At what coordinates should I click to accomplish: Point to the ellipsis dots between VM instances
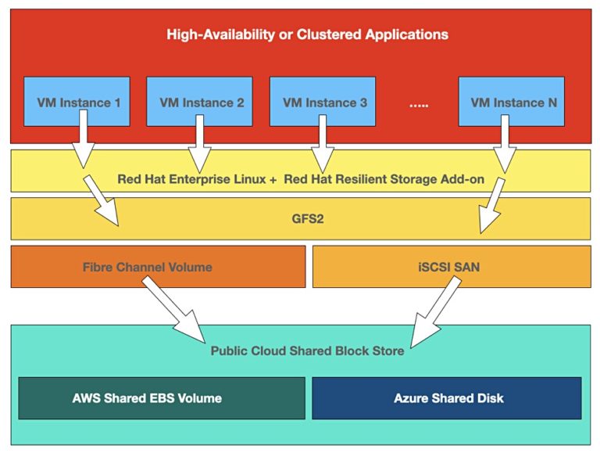click(x=420, y=102)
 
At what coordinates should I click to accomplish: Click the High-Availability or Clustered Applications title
click(x=308, y=34)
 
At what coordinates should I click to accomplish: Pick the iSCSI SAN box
click(x=452, y=267)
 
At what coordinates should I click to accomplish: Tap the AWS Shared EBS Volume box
click(x=147, y=398)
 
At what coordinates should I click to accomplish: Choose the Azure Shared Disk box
click(x=448, y=398)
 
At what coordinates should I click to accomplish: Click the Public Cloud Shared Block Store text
click(x=307, y=351)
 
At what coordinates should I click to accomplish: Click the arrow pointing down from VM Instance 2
click(x=199, y=141)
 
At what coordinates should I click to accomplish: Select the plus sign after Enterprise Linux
click(x=272, y=179)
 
